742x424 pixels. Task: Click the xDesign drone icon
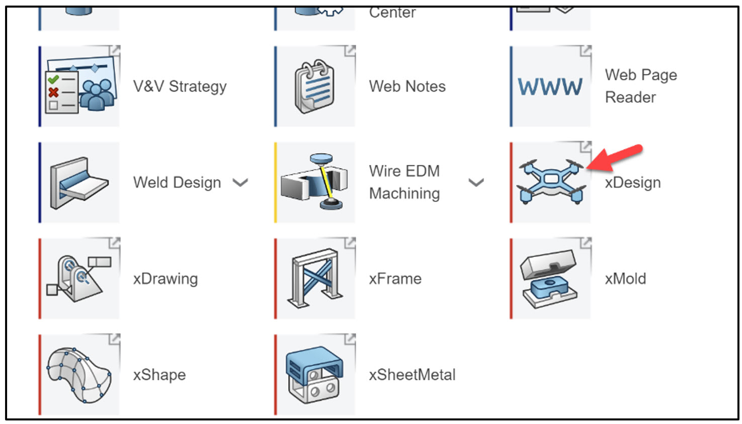(x=551, y=182)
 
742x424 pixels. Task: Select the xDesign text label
(x=632, y=183)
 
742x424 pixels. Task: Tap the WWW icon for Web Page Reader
(x=550, y=87)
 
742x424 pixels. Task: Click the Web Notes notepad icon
(x=315, y=87)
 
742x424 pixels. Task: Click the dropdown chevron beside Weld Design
(x=240, y=183)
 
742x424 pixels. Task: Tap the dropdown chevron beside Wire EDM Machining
(x=476, y=183)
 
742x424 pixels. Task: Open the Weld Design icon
(x=79, y=183)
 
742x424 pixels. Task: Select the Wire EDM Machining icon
(x=315, y=182)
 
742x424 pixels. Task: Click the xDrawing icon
(x=79, y=279)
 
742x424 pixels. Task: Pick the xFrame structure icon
(x=315, y=278)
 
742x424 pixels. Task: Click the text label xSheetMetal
(x=412, y=375)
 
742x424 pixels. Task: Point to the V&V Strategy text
(x=180, y=87)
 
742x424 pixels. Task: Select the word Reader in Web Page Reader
(x=630, y=97)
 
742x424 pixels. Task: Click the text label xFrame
(x=395, y=279)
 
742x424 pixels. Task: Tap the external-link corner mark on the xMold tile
(x=586, y=243)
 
